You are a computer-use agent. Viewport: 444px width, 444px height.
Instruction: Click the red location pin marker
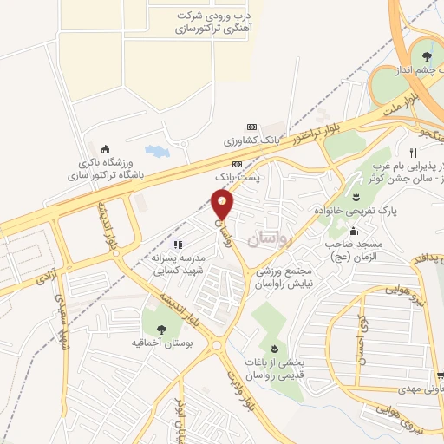[x=223, y=205]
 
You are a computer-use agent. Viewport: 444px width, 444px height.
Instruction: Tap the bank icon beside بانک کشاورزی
[x=251, y=127]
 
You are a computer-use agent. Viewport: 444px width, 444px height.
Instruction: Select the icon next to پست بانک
[x=237, y=164]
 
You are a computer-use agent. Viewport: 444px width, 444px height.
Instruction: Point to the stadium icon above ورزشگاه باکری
[x=106, y=147]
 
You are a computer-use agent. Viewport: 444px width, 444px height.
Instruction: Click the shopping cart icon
[x=441, y=375]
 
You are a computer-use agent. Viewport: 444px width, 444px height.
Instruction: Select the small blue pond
[x=157, y=151]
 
